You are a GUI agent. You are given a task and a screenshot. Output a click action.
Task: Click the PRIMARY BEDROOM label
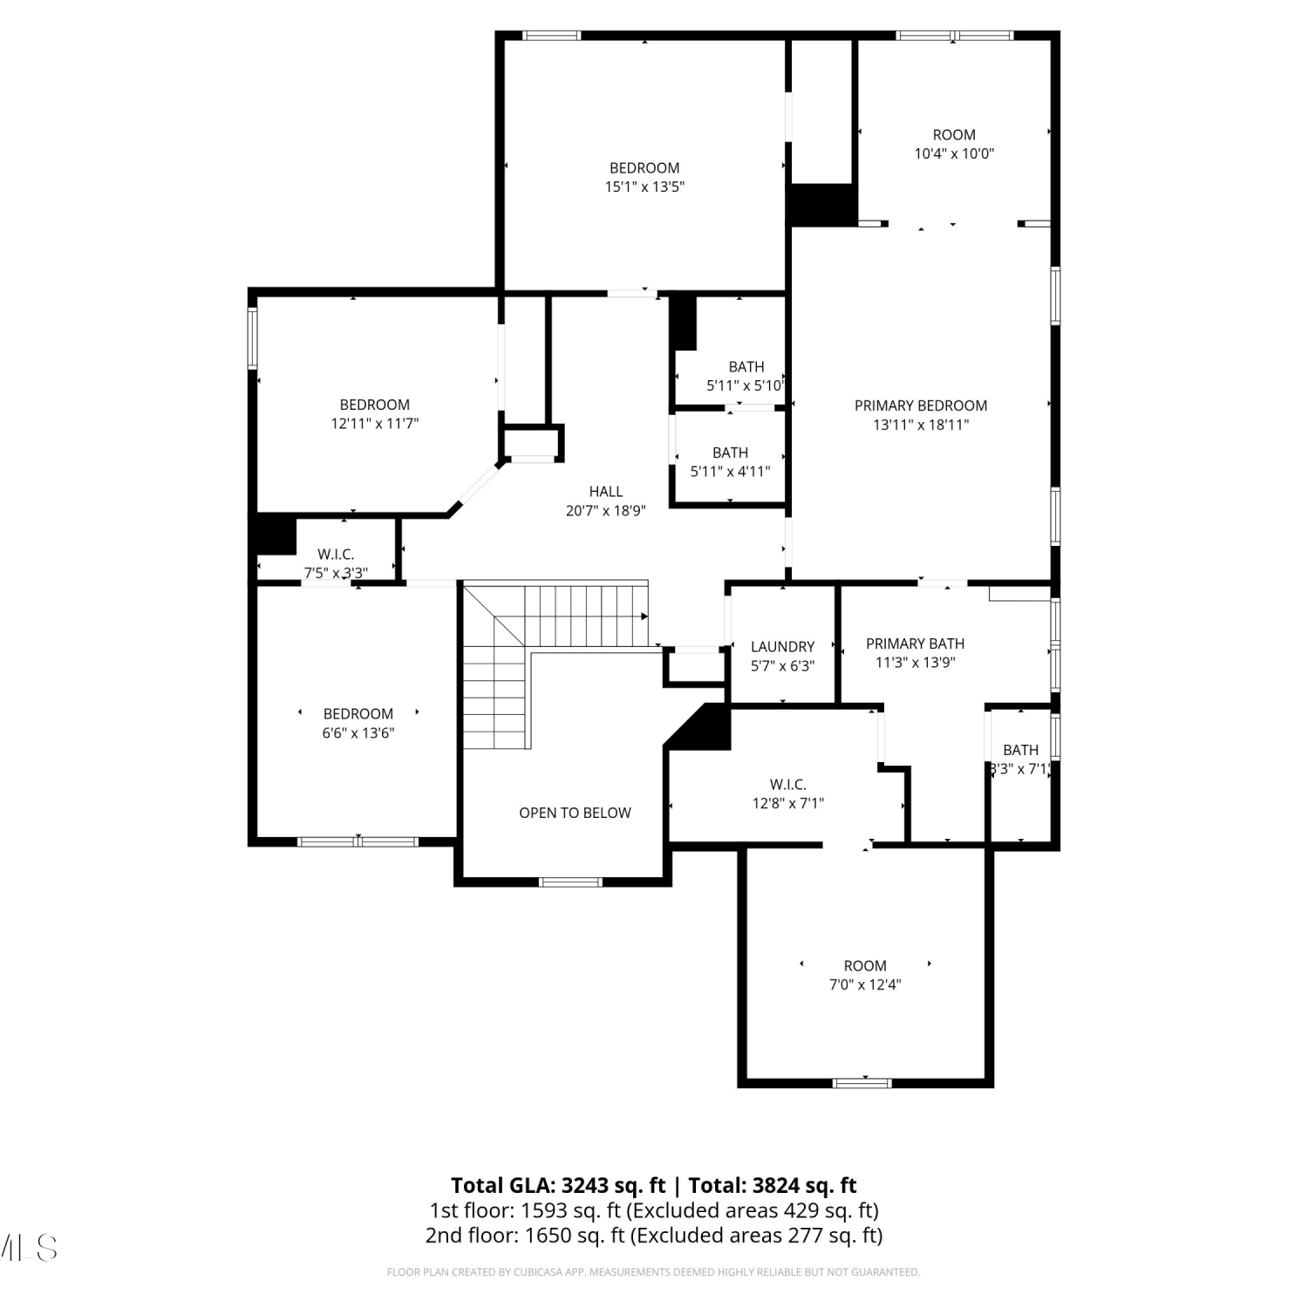pyautogui.click(x=921, y=405)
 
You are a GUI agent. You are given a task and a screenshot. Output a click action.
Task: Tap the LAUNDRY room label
pyautogui.click(x=782, y=646)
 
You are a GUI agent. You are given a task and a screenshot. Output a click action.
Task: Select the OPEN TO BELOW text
pyautogui.click(x=575, y=813)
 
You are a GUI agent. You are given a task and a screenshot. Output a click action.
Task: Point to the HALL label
pyautogui.click(x=605, y=492)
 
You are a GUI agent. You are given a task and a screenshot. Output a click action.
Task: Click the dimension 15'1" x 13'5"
pyautogui.click(x=644, y=187)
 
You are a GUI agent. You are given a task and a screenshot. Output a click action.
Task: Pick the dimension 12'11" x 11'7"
pyautogui.click(x=375, y=424)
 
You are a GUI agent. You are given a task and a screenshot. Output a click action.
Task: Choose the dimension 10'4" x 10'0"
pyautogui.click(x=954, y=153)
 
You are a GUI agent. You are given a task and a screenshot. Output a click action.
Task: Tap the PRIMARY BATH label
pyautogui.click(x=915, y=644)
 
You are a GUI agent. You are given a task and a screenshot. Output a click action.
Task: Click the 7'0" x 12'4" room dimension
pyautogui.click(x=865, y=984)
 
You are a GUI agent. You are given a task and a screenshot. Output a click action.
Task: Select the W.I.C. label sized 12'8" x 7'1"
pyautogui.click(x=788, y=785)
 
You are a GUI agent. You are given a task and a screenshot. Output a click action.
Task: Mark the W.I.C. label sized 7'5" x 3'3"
pyautogui.click(x=336, y=555)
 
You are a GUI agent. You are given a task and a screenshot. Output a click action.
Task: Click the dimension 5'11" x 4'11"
pyautogui.click(x=730, y=472)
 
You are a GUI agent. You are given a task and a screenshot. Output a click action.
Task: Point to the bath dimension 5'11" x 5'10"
pyautogui.click(x=746, y=385)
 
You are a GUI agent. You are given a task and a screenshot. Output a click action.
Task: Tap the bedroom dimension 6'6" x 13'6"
pyautogui.click(x=358, y=733)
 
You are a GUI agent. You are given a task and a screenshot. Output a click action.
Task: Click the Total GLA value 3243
pyautogui.click(x=584, y=1186)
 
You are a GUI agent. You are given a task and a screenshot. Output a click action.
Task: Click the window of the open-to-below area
pyautogui.click(x=571, y=882)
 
